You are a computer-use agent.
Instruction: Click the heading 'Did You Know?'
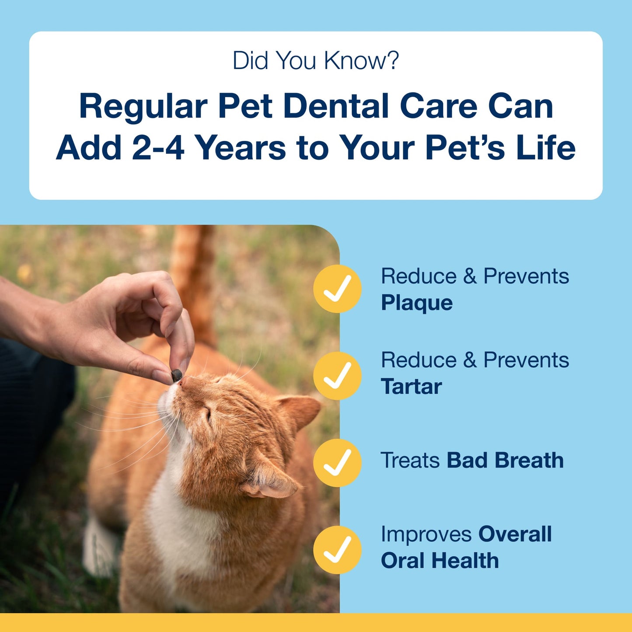coord(315,60)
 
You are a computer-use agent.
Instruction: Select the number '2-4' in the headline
coord(157,148)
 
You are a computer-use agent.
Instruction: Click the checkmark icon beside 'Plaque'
coord(337,289)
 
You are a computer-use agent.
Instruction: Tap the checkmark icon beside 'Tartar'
coord(337,376)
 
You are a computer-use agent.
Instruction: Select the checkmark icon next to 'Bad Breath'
coord(337,463)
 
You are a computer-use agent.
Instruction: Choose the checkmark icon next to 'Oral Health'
coord(337,550)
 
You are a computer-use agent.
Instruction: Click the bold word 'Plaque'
coord(416,303)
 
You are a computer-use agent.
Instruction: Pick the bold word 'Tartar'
coord(411,387)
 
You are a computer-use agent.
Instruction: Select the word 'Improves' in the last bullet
coord(426,534)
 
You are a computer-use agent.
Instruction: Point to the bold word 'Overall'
coord(515,534)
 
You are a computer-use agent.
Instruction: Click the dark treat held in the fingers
coord(176,375)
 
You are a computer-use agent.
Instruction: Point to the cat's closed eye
coord(208,413)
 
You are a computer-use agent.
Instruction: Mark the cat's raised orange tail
coord(192,280)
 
